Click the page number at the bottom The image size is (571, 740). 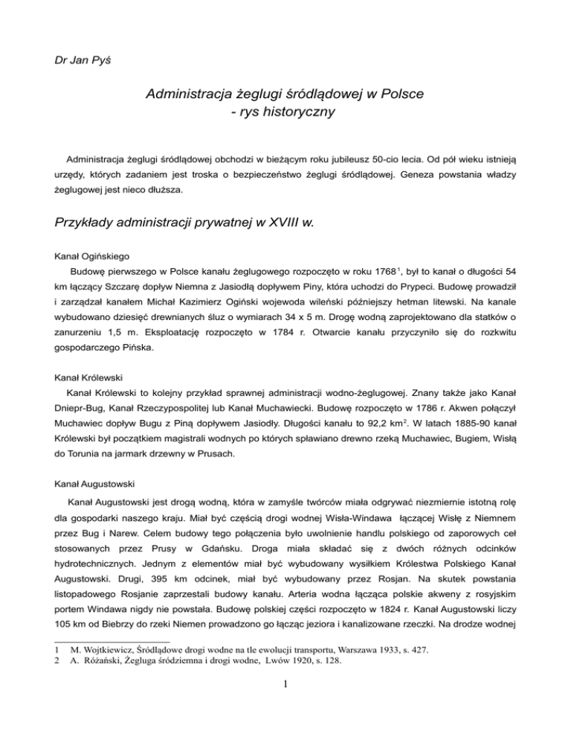click(x=285, y=730)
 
